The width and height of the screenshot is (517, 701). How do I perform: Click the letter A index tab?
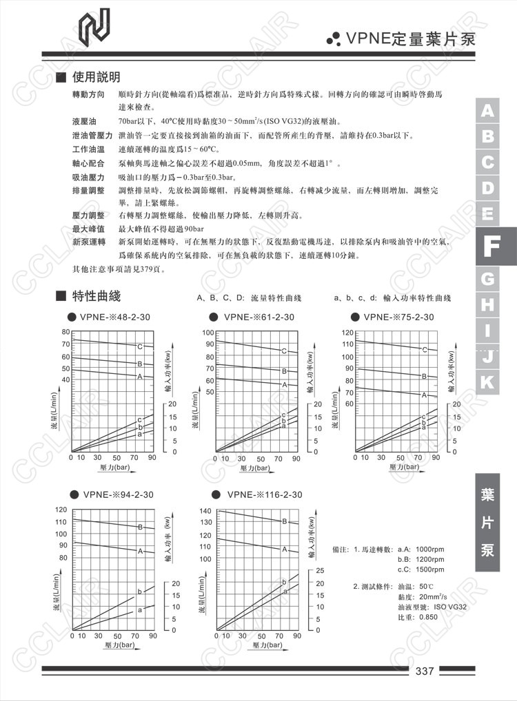pos(487,111)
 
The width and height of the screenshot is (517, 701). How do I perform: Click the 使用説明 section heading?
pos(96,76)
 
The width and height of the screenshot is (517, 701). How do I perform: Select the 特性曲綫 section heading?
pos(96,296)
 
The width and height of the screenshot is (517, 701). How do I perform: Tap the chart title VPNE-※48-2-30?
pos(118,317)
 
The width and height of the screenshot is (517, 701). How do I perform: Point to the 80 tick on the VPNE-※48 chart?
pos(65,332)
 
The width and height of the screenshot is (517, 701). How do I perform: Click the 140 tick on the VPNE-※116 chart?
pos(205,511)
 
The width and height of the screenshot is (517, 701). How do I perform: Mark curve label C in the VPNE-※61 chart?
pos(284,351)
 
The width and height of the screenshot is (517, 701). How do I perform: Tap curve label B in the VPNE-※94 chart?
pos(140,527)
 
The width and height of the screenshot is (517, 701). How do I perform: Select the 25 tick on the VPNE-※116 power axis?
pos(319,571)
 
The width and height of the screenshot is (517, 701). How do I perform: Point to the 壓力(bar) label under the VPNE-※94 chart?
pos(117,645)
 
